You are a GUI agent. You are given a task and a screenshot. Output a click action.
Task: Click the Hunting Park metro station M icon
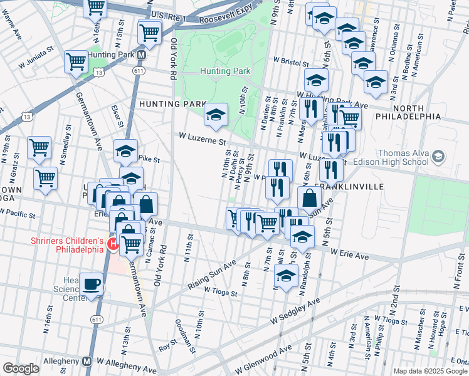142,55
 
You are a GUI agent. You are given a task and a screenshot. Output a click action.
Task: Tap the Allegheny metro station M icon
87,362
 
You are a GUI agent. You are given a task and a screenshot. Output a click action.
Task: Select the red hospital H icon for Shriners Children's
113,244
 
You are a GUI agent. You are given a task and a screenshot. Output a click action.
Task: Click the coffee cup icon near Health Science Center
92,283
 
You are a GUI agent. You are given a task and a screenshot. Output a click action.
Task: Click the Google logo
21,368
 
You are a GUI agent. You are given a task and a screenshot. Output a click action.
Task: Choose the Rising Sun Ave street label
212,275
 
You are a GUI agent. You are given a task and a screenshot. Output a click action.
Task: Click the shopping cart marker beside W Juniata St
76,62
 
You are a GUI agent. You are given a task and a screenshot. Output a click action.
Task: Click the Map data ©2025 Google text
430,371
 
